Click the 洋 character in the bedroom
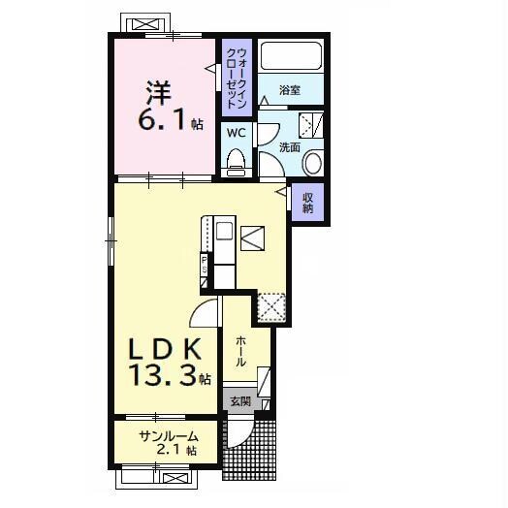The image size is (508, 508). point(159,92)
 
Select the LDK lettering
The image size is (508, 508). point(164,348)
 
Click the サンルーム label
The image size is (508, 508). point(169,436)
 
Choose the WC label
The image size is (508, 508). point(237,133)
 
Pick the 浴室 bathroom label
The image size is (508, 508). point(290,90)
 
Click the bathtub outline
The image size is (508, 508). point(291,55)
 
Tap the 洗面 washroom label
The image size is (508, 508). point(290,147)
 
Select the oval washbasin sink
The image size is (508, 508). point(313,163)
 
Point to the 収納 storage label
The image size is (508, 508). point(307,203)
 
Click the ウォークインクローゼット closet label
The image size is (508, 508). point(237,78)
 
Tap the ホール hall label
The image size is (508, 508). point(240,351)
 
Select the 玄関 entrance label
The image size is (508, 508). point(240,401)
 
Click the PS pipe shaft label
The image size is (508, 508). point(205,264)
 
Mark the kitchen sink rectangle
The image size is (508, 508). point(224,232)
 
